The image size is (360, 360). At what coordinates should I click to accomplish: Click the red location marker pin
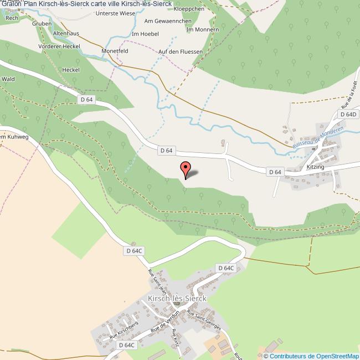tap(186, 168)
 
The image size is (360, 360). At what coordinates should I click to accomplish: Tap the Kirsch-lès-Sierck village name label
tap(177, 298)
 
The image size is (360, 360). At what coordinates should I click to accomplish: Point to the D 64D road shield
tap(348, 114)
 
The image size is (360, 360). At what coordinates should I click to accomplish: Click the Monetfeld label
tap(115, 50)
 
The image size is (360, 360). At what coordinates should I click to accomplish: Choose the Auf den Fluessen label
tap(180, 52)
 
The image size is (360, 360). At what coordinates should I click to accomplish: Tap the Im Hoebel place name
tap(145, 34)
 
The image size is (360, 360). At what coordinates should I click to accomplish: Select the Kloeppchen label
tap(189, 9)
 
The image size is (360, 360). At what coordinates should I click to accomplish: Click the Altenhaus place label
tap(66, 33)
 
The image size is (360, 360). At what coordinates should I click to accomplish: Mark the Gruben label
tap(42, 24)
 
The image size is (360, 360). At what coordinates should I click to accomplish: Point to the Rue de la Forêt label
tap(348, 94)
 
